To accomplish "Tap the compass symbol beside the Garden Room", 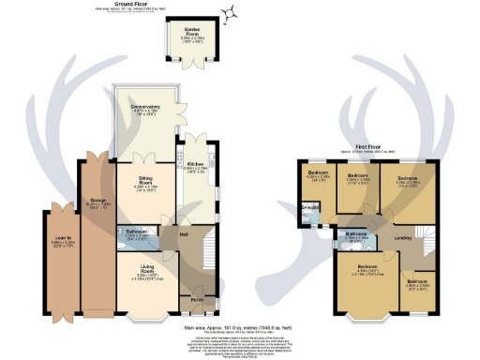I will click(x=227, y=12).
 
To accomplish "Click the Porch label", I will click(x=196, y=300).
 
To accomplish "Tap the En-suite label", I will click(x=307, y=209).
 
